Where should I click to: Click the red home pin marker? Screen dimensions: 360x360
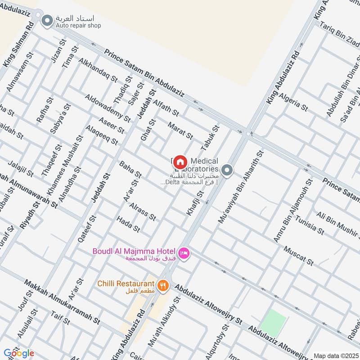[x=180, y=162]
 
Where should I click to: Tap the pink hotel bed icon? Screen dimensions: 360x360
[x=184, y=254]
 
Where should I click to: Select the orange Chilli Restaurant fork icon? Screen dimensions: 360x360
[x=162, y=285]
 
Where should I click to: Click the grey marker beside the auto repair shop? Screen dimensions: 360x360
[x=47, y=20]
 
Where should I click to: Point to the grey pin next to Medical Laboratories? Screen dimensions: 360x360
[x=228, y=170]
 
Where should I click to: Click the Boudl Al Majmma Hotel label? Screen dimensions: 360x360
[x=135, y=251]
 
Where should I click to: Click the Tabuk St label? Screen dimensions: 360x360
[x=210, y=138]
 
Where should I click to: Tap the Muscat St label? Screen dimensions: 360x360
[x=298, y=256]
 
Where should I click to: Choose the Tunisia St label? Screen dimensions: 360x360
[x=310, y=226]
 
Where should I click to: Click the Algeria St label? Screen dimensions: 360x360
[x=293, y=102]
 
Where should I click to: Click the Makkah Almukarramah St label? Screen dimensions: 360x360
[x=62, y=302]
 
